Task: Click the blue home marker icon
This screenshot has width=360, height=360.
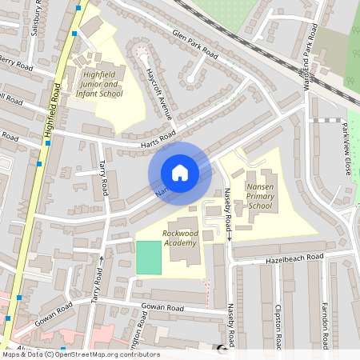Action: (180, 173)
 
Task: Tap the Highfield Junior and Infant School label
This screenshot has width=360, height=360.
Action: (103, 84)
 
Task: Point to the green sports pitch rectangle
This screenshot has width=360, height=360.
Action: (148, 258)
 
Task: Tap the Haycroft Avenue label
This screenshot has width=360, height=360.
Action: (159, 93)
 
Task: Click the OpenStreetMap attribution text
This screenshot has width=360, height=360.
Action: (80, 354)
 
